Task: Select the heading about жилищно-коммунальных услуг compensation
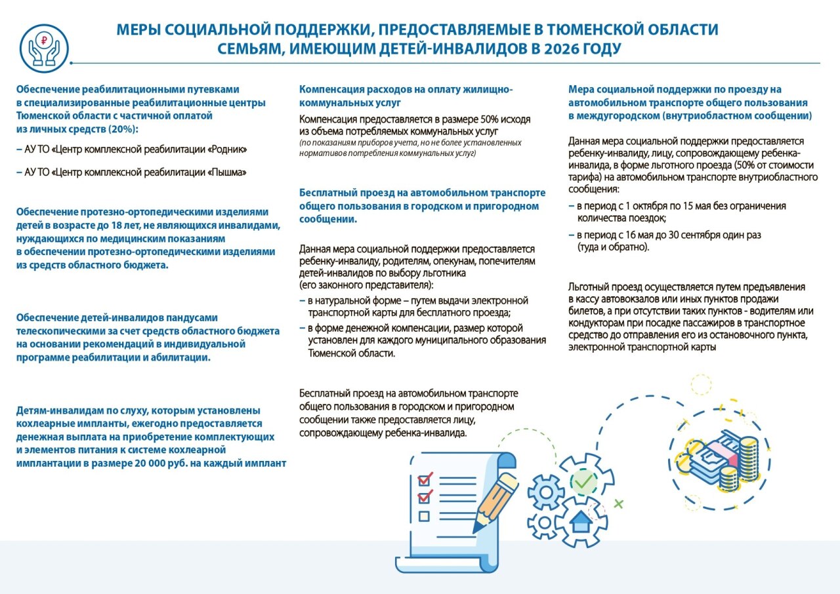[x=406, y=96]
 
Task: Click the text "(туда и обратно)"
[x=613, y=247]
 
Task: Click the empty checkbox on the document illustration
[x=424, y=515]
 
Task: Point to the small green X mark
[x=618, y=504]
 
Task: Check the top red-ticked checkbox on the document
[x=425, y=476]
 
